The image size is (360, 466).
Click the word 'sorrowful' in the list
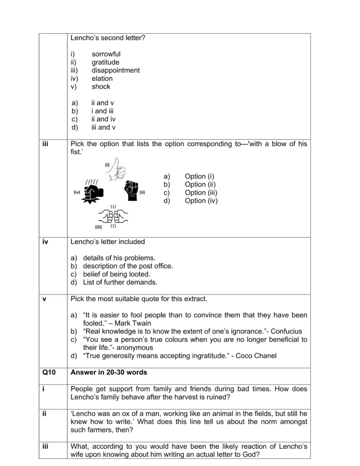(x=106, y=54)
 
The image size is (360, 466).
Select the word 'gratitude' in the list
(x=105, y=62)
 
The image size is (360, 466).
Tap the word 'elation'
(x=102, y=79)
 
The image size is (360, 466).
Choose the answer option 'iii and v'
(x=103, y=127)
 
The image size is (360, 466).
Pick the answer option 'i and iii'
(x=102, y=111)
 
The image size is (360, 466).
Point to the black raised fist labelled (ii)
(x=131, y=191)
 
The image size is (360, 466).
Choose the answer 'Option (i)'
(x=199, y=176)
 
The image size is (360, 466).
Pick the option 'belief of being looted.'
(x=116, y=274)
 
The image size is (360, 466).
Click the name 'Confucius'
(x=286, y=331)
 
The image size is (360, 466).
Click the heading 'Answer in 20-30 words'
(x=109, y=373)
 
